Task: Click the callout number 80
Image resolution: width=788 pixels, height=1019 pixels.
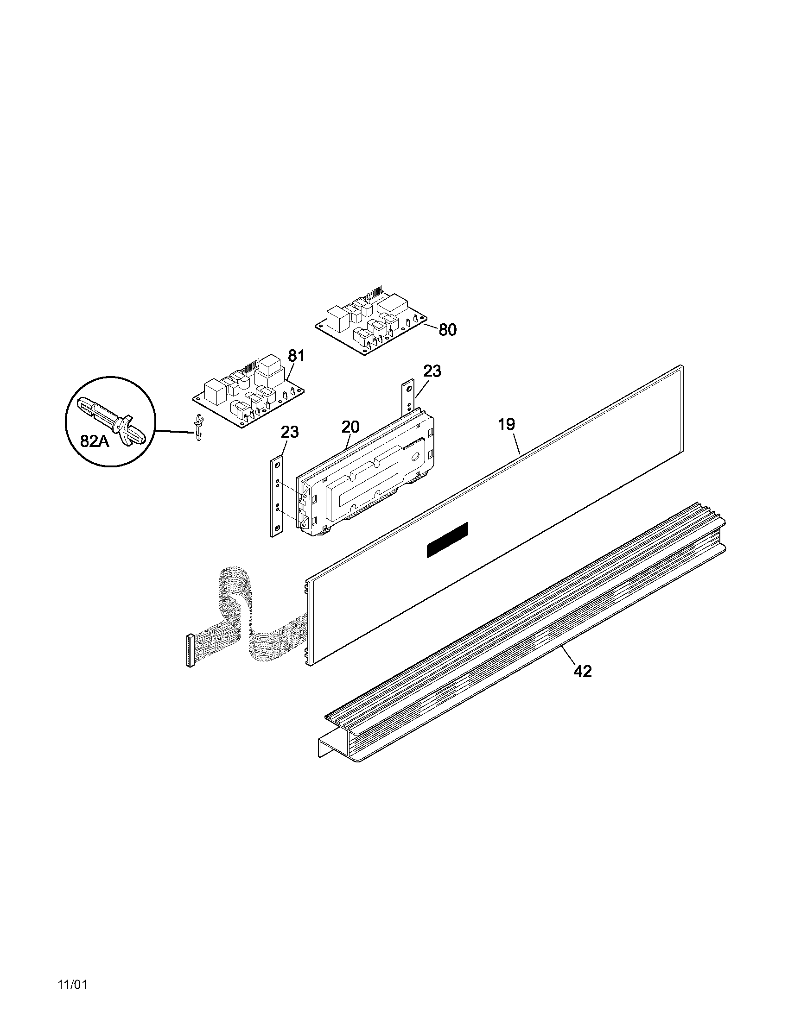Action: pos(447,330)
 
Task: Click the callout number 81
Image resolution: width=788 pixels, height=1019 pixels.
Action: pos(296,356)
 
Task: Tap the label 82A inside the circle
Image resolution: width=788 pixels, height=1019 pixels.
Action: pos(95,441)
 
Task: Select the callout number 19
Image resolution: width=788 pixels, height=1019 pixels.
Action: pos(506,424)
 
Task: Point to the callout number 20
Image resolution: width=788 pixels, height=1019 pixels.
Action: pos(350,427)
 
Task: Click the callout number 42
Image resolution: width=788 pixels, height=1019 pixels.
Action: pos(583,672)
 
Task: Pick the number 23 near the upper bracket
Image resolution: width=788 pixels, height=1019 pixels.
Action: pos(432,371)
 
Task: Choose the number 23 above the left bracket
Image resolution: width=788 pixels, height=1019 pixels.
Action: pos(289,432)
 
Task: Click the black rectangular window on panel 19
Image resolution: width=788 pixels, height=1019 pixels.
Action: pos(447,540)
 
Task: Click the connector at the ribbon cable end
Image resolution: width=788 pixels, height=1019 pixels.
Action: pos(190,650)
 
